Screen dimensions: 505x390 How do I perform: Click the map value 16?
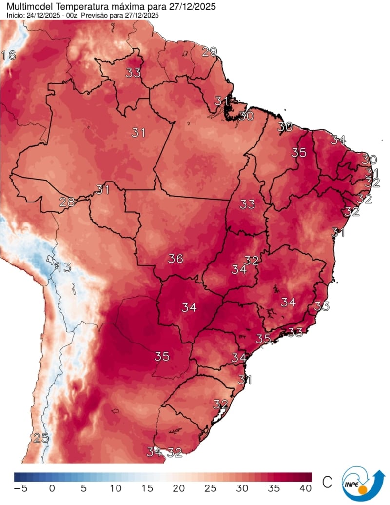click(x=8, y=55)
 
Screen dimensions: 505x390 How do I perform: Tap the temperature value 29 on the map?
click(x=209, y=51)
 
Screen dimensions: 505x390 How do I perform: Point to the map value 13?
click(x=63, y=267)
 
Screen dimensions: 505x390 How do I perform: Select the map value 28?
click(x=67, y=202)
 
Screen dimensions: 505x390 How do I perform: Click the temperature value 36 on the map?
click(x=175, y=259)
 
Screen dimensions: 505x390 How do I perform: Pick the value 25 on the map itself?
click(x=41, y=438)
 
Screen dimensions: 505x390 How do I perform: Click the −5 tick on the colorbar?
click(x=20, y=488)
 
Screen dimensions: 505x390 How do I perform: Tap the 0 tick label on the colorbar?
click(x=52, y=488)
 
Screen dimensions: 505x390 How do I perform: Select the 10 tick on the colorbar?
click(x=116, y=488)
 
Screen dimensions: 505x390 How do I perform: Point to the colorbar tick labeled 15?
click(x=147, y=488)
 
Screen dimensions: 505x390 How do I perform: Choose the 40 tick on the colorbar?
click(x=306, y=488)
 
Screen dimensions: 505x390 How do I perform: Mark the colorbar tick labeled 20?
click(x=179, y=488)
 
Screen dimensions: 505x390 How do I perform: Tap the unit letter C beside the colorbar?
click(x=328, y=482)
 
